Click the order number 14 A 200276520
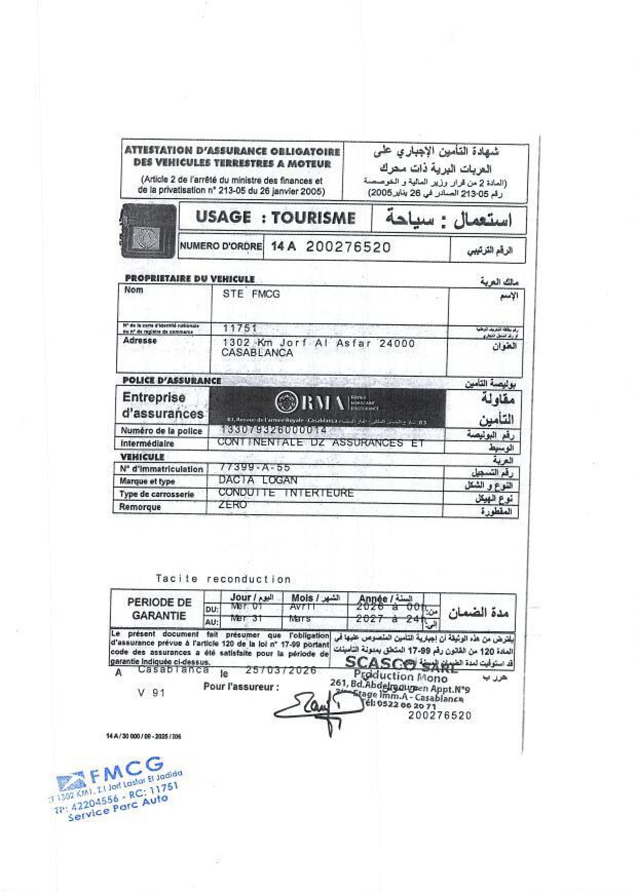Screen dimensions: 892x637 click(x=331, y=247)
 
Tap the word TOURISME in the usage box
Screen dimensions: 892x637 click(x=313, y=218)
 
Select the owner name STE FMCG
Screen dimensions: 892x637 click(x=251, y=294)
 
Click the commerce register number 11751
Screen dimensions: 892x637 click(x=240, y=328)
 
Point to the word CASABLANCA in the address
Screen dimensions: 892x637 click(x=257, y=353)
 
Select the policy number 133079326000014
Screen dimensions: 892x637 click(x=273, y=430)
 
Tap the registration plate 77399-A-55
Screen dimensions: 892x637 click(x=254, y=467)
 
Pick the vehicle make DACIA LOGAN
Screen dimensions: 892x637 click(x=258, y=480)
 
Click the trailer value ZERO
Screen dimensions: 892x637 click(x=233, y=505)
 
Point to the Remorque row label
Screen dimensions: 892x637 click(x=140, y=507)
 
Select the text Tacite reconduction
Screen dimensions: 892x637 click(x=223, y=579)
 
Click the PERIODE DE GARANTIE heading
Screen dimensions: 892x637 click(x=159, y=609)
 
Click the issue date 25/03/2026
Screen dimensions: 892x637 click(x=281, y=670)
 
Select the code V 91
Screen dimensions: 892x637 click(x=151, y=693)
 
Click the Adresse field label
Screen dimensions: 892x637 click(x=140, y=340)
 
